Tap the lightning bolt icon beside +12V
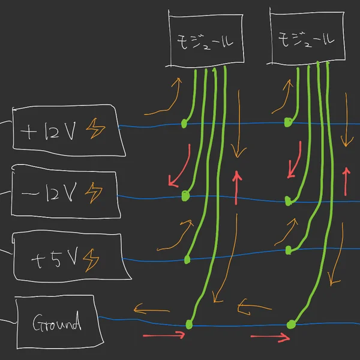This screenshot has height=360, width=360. tap(95, 128)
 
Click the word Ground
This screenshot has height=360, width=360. tap(56, 325)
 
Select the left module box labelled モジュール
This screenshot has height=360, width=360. tap(206, 39)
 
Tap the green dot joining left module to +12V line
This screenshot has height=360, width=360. tap(184, 124)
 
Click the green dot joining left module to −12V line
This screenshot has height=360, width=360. tap(185, 196)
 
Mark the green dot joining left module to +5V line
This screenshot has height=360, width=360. tap(187, 259)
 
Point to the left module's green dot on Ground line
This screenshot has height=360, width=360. tap(190, 325)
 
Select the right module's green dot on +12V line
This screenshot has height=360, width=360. tap(288, 122)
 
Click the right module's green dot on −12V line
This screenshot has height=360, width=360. tap(289, 199)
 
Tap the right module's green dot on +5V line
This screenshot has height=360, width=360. tap(288, 250)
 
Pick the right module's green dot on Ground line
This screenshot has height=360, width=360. tap(291, 325)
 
